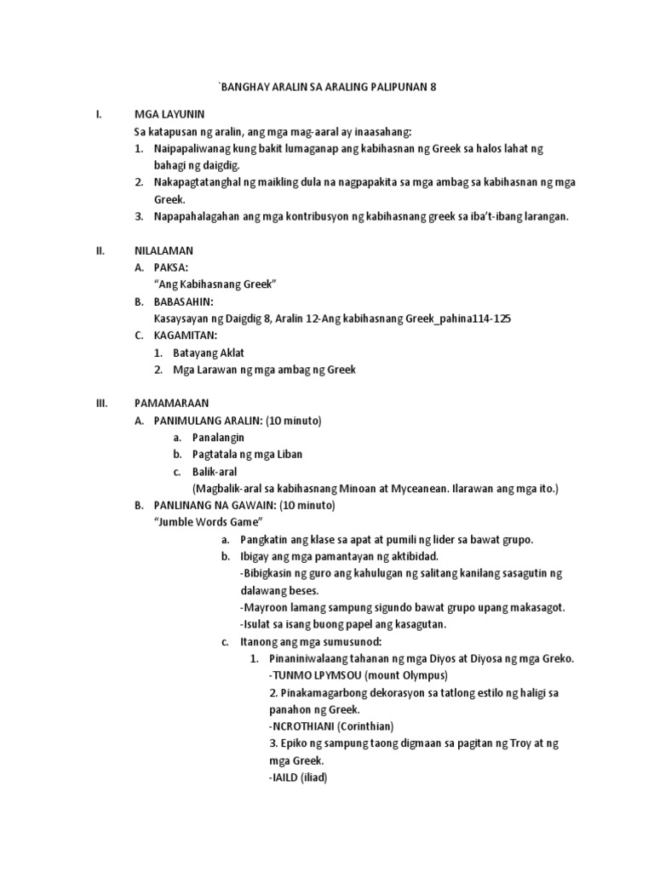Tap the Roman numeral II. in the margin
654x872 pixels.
100,250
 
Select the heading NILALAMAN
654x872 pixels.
164,250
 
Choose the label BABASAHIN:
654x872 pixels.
184,301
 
